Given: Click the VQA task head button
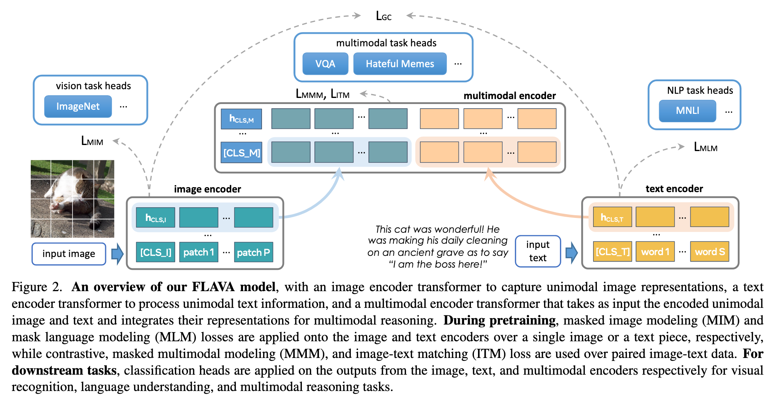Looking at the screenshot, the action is pos(325,63).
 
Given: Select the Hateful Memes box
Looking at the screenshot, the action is pos(400,63).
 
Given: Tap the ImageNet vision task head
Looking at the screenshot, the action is pos(78,106).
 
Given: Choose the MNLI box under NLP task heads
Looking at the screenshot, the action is pos(687,110).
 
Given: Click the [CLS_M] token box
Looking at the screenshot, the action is pos(241,153).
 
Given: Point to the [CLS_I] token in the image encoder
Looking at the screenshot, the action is pos(156,252).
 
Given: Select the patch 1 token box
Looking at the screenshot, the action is pos(199,252).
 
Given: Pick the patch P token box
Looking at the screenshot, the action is pos(253,252).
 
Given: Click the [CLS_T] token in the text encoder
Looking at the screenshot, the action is pos(612,251).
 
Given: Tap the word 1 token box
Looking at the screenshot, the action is pos(655,251).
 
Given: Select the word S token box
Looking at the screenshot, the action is pos(710,251).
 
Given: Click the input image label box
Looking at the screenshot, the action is pos(69,254).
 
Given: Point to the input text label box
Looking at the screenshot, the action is pos(538,251).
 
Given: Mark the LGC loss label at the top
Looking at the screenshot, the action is pos(383,16).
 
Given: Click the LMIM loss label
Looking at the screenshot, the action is pos(92,141).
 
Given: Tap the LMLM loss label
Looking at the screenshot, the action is pos(705,147).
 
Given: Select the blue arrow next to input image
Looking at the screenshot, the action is pos(117,254).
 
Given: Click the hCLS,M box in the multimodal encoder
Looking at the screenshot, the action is pos(241,119).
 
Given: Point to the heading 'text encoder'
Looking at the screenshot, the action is pos(674,189).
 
